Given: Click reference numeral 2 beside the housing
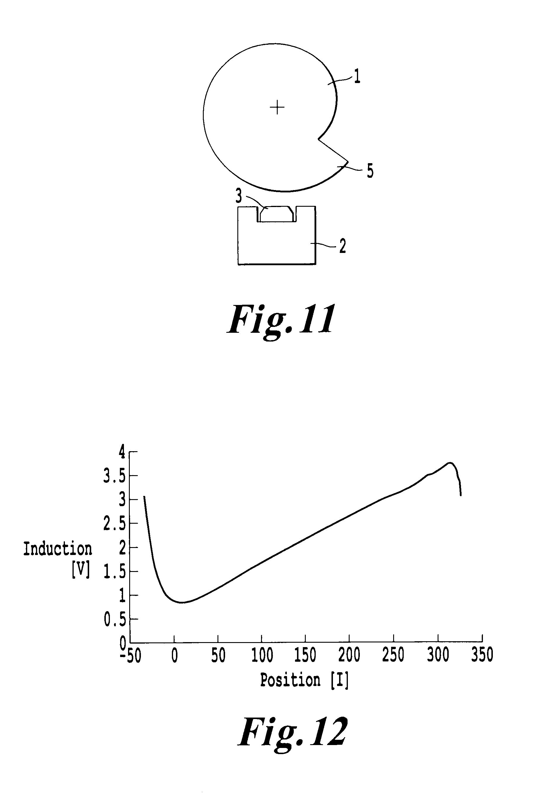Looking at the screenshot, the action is pos(342,246).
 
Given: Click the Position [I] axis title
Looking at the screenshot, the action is pos(304,680).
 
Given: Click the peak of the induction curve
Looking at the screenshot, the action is pos(450,463).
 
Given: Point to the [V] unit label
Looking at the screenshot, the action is pos(81,570).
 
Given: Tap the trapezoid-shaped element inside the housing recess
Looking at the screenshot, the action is pos(277,214).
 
